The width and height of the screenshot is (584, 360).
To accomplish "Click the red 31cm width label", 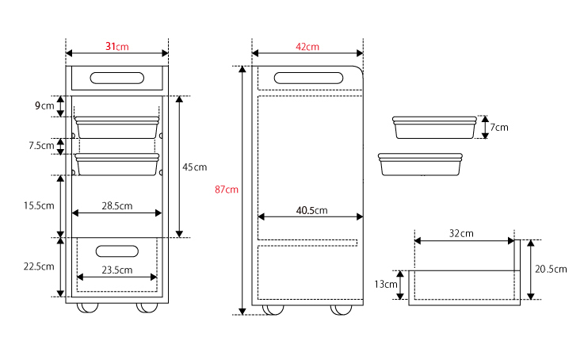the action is pyautogui.click(x=117, y=47).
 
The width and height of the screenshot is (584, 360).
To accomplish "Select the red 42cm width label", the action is pyautogui.click(x=307, y=47).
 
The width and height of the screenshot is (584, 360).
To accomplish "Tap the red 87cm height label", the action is pyautogui.click(x=227, y=190).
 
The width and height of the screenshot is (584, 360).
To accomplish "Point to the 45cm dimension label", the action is pyautogui.click(x=194, y=167).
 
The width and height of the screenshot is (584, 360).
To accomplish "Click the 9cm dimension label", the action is pyautogui.click(x=44, y=105).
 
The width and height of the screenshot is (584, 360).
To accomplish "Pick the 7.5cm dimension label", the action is pyautogui.click(x=42, y=145).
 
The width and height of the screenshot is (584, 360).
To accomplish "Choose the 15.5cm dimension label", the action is pyautogui.click(x=39, y=205).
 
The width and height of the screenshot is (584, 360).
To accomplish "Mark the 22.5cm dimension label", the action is pyautogui.click(x=39, y=266).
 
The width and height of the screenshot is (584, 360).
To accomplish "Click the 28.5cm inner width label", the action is pyautogui.click(x=117, y=205).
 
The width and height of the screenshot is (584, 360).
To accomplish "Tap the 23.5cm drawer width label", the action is pyautogui.click(x=117, y=270).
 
